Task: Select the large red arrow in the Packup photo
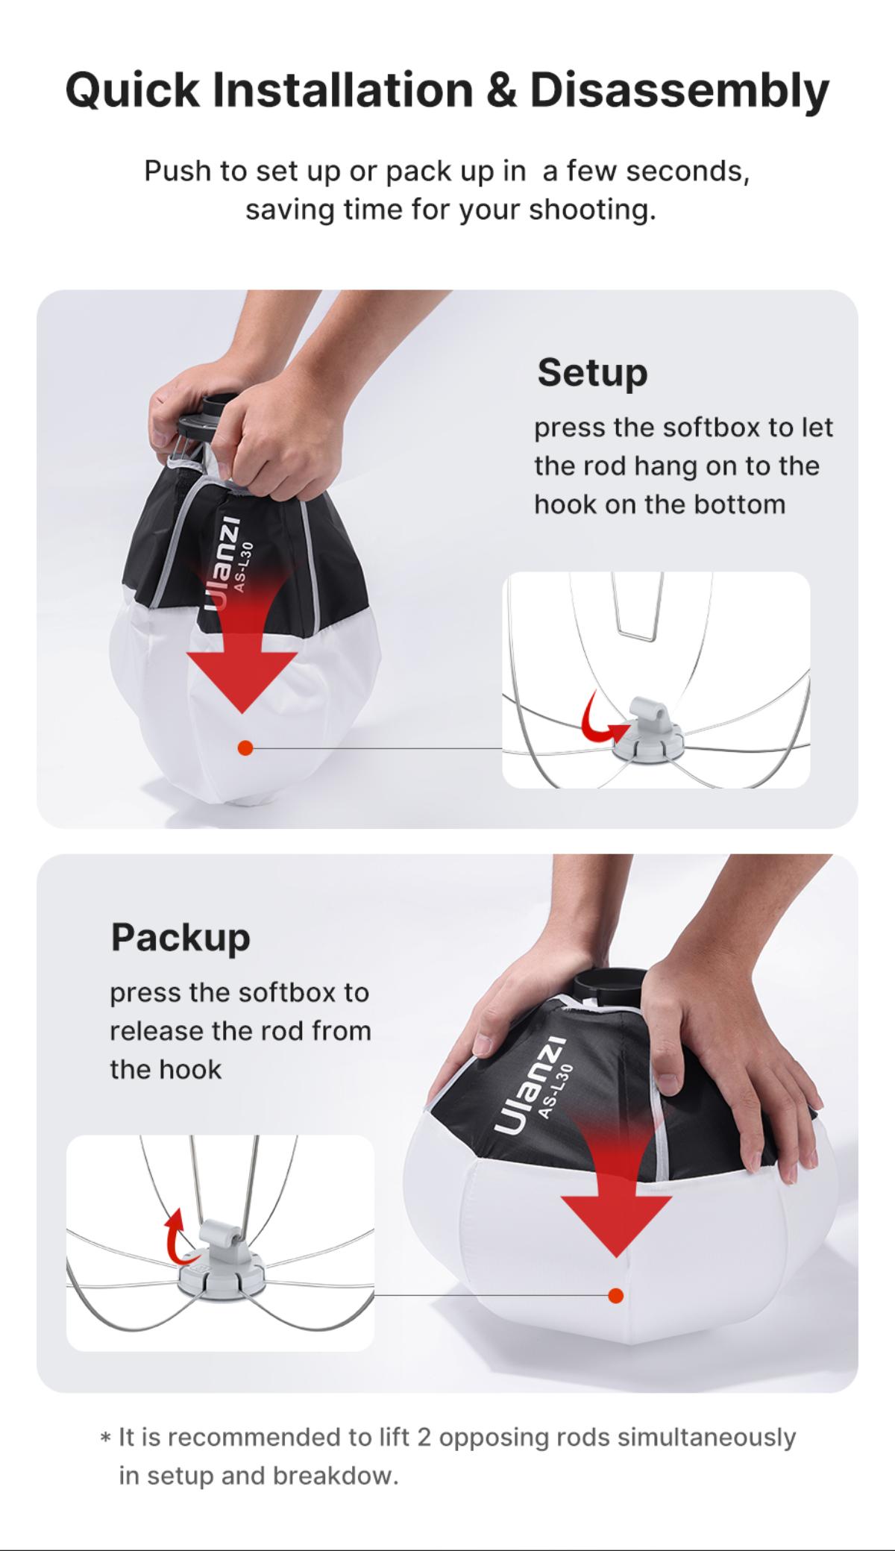[x=616, y=1186]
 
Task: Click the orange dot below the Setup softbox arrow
[x=245, y=748]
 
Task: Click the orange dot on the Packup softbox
[x=615, y=1295]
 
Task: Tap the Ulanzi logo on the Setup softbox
[x=222, y=563]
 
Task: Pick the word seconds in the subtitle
[x=687, y=172]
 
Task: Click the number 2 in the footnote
[x=424, y=1437]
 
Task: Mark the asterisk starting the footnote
[x=106, y=1437]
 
